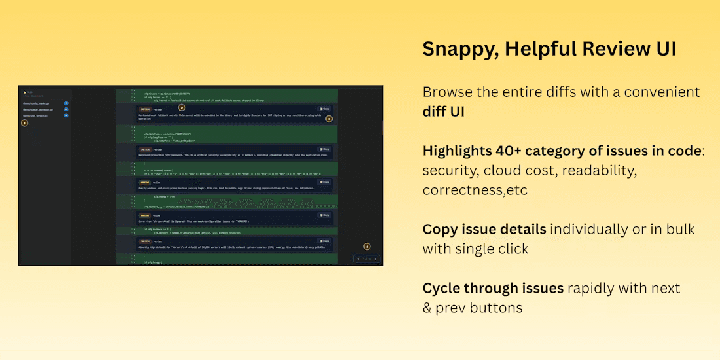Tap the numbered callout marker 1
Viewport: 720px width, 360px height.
(x=25, y=122)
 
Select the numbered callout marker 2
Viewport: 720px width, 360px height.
(x=182, y=107)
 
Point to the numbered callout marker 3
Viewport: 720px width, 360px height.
(x=329, y=119)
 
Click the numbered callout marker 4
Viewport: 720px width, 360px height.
(x=367, y=246)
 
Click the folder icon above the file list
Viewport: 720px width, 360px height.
(x=24, y=93)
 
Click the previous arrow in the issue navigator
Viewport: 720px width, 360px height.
(x=358, y=259)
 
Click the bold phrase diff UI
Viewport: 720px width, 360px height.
(x=444, y=111)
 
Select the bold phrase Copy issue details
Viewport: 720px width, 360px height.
(x=484, y=229)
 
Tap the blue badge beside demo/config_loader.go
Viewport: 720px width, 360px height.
(x=66, y=103)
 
